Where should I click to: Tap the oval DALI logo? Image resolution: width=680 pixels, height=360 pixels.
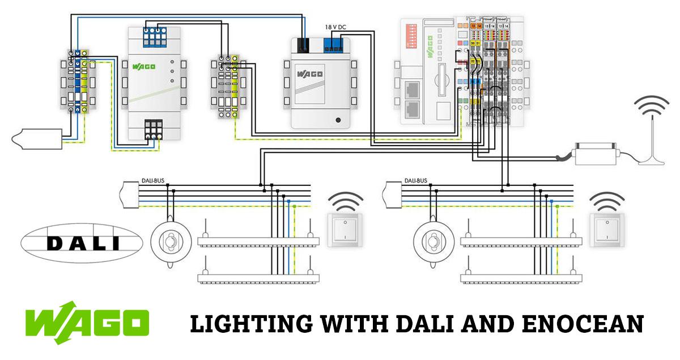82,243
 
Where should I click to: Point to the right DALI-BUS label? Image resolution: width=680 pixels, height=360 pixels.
416,181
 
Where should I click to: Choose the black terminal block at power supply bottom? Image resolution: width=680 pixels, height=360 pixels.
153,129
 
